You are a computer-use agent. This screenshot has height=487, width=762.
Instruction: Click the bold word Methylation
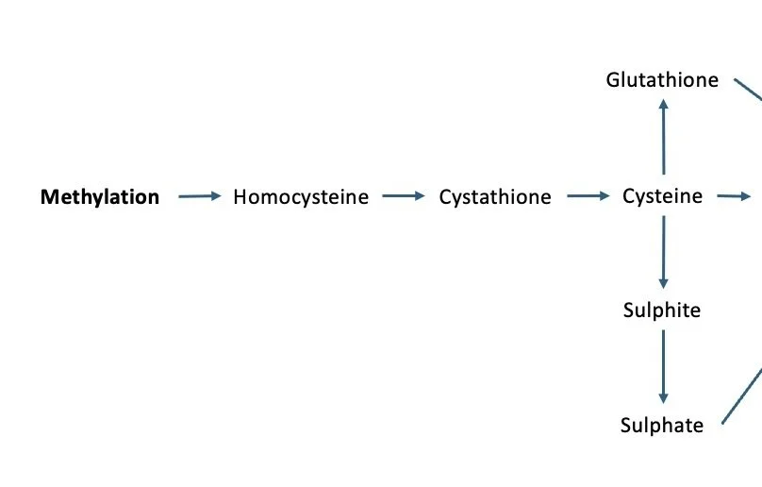click(x=100, y=197)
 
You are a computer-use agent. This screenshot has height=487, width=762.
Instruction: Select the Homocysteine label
click(x=301, y=197)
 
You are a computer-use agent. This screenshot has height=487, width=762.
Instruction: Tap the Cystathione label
click(x=495, y=197)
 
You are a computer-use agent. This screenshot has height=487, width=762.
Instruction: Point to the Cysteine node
click(x=662, y=196)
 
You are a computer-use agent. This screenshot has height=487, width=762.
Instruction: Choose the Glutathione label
click(x=662, y=80)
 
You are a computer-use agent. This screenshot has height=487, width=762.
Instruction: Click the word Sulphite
click(x=662, y=310)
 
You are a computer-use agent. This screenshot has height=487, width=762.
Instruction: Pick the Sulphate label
click(x=662, y=426)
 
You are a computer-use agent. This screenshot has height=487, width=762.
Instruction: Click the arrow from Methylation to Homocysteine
click(x=199, y=196)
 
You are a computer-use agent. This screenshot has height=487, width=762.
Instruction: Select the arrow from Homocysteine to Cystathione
click(x=404, y=196)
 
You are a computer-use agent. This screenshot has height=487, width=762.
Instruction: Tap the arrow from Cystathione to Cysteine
click(x=588, y=196)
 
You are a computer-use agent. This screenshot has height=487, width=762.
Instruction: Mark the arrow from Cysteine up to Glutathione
click(x=663, y=137)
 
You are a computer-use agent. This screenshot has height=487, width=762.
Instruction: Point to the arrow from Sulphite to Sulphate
click(x=663, y=366)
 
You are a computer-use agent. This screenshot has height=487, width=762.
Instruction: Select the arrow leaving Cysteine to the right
click(x=733, y=196)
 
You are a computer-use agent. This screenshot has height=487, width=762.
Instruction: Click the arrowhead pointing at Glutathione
click(x=663, y=105)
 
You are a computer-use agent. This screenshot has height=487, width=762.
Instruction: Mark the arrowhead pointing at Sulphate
click(x=663, y=398)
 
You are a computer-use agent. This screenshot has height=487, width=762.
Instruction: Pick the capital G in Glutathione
click(x=613, y=80)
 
